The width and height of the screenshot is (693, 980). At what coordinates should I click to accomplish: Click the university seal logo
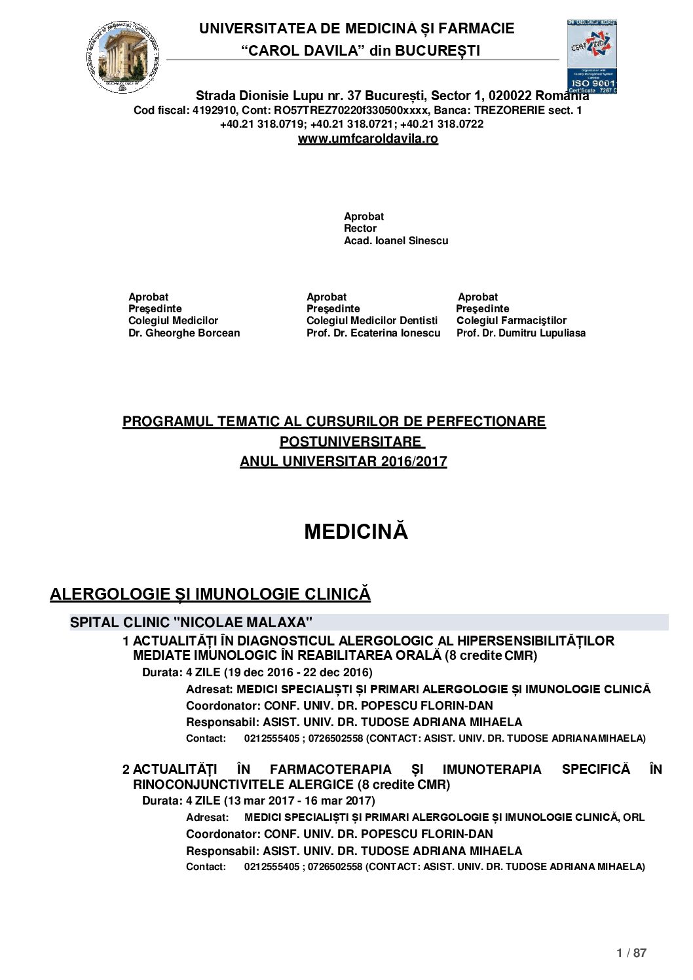tap(122, 57)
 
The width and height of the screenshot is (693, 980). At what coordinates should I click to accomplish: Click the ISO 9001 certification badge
tap(591, 57)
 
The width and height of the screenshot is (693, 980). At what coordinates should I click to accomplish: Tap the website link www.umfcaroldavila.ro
tap(367, 139)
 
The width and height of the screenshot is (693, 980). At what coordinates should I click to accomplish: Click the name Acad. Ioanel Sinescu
tap(396, 241)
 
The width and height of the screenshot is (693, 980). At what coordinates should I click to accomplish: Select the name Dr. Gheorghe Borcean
tap(184, 333)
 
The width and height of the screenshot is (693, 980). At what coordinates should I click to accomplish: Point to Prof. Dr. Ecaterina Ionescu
tap(373, 333)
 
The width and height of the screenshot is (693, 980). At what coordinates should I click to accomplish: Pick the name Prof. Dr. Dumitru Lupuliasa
tap(521, 333)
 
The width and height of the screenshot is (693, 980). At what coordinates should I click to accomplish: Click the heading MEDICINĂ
tap(356, 532)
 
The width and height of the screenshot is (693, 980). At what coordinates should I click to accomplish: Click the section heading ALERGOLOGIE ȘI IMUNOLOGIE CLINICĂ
tap(210, 594)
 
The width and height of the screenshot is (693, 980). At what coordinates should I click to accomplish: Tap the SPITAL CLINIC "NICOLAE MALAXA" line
tap(191, 622)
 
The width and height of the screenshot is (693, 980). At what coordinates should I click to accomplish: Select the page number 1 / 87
tap(631, 953)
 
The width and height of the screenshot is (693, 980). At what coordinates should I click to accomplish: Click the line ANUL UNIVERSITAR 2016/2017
tap(343, 462)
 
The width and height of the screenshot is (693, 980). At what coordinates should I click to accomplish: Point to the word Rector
tap(360, 228)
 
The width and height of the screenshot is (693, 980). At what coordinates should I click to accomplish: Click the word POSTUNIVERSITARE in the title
tap(351, 442)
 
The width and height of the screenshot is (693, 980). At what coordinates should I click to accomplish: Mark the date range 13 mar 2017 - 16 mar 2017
tap(299, 801)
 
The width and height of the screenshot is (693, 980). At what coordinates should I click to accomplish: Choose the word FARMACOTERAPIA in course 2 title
tap(330, 769)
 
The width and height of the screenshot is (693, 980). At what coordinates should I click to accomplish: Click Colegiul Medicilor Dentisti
tap(371, 321)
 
